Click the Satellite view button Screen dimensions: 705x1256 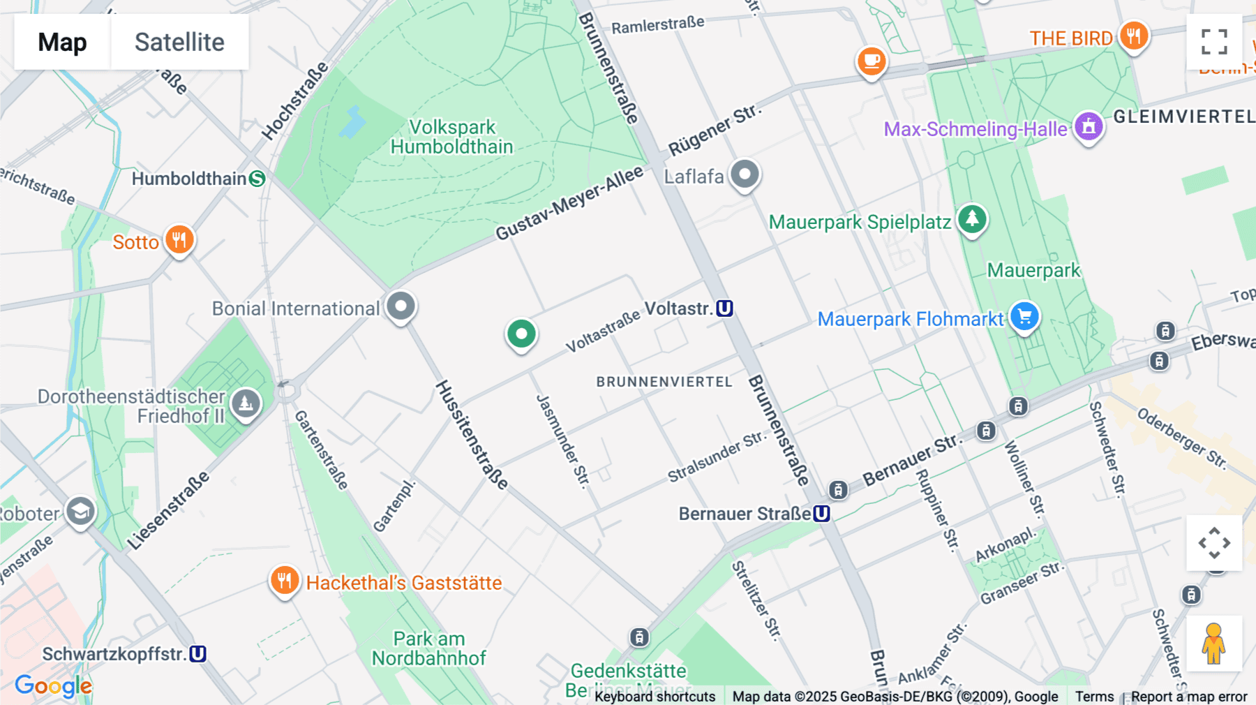(179, 42)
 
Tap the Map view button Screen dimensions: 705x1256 (62, 42)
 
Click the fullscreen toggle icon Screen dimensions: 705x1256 (1214, 42)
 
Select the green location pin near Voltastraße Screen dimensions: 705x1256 (521, 334)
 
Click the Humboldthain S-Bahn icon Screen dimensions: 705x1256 (257, 179)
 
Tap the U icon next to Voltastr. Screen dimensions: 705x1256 (725, 309)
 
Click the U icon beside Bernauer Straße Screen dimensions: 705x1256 (822, 514)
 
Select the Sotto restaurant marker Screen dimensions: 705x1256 (179, 240)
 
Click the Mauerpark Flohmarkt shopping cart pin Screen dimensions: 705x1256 (1024, 317)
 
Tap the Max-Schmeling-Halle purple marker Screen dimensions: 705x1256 (1089, 127)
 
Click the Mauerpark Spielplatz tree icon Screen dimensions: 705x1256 (972, 219)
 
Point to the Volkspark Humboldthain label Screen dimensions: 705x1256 (452, 137)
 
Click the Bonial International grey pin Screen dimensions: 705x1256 (401, 306)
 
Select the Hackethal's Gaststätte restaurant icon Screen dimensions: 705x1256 (284, 580)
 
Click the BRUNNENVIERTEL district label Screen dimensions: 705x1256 (664, 382)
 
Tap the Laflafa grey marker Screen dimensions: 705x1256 (745, 174)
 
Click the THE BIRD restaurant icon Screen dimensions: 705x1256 (1134, 36)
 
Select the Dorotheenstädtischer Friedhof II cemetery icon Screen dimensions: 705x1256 (246, 403)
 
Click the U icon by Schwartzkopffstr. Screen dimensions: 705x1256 (198, 654)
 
